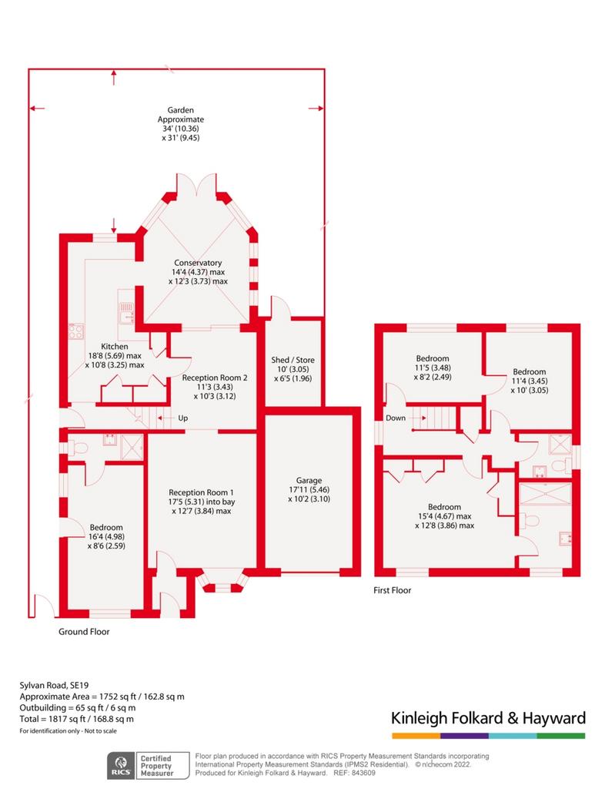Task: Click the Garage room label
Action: pyautogui.click(x=309, y=481)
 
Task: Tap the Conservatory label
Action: pyautogui.click(x=198, y=263)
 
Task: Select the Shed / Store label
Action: pyautogui.click(x=293, y=360)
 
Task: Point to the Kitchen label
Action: pyautogui.click(x=115, y=346)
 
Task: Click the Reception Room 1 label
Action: pyautogui.click(x=201, y=492)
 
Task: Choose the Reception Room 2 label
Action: pyautogui.click(x=215, y=378)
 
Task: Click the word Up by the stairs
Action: pyautogui.click(x=183, y=418)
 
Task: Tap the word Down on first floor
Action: pyautogui.click(x=396, y=418)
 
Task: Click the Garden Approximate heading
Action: pyautogui.click(x=180, y=115)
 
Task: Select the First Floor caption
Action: pyautogui.click(x=392, y=590)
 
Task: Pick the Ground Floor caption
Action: pyautogui.click(x=84, y=632)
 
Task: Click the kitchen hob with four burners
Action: pyautogui.click(x=76, y=331)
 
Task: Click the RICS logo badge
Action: pyautogui.click(x=121, y=765)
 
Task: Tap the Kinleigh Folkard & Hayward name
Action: pyautogui.click(x=489, y=718)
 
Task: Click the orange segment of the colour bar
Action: pyautogui.click(x=416, y=736)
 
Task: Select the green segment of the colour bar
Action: pyautogui.click(x=561, y=736)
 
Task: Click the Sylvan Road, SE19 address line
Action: pyautogui.click(x=54, y=685)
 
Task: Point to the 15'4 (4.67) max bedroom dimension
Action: pyautogui.click(x=445, y=516)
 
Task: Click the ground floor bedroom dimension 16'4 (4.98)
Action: pyautogui.click(x=106, y=536)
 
